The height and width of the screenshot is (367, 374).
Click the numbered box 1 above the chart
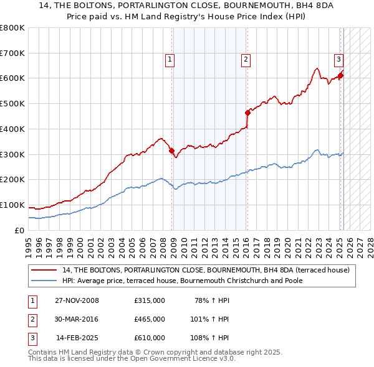point(170,60)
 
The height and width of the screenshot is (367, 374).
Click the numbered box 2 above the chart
point(246,60)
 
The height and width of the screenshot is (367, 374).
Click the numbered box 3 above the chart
point(338,60)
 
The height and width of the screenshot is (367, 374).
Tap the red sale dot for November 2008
point(172,150)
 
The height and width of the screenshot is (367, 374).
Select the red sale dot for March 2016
point(247,113)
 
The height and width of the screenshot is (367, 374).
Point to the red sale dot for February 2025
point(341,76)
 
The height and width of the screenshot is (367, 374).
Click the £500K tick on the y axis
point(12,104)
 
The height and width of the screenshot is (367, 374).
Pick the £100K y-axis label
point(12,205)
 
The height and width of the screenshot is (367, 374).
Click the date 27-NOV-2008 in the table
point(77,300)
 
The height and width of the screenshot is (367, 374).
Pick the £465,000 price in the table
point(150,319)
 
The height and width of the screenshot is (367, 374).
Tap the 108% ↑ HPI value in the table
point(209,338)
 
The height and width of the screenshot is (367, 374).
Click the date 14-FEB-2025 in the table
point(77,338)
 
